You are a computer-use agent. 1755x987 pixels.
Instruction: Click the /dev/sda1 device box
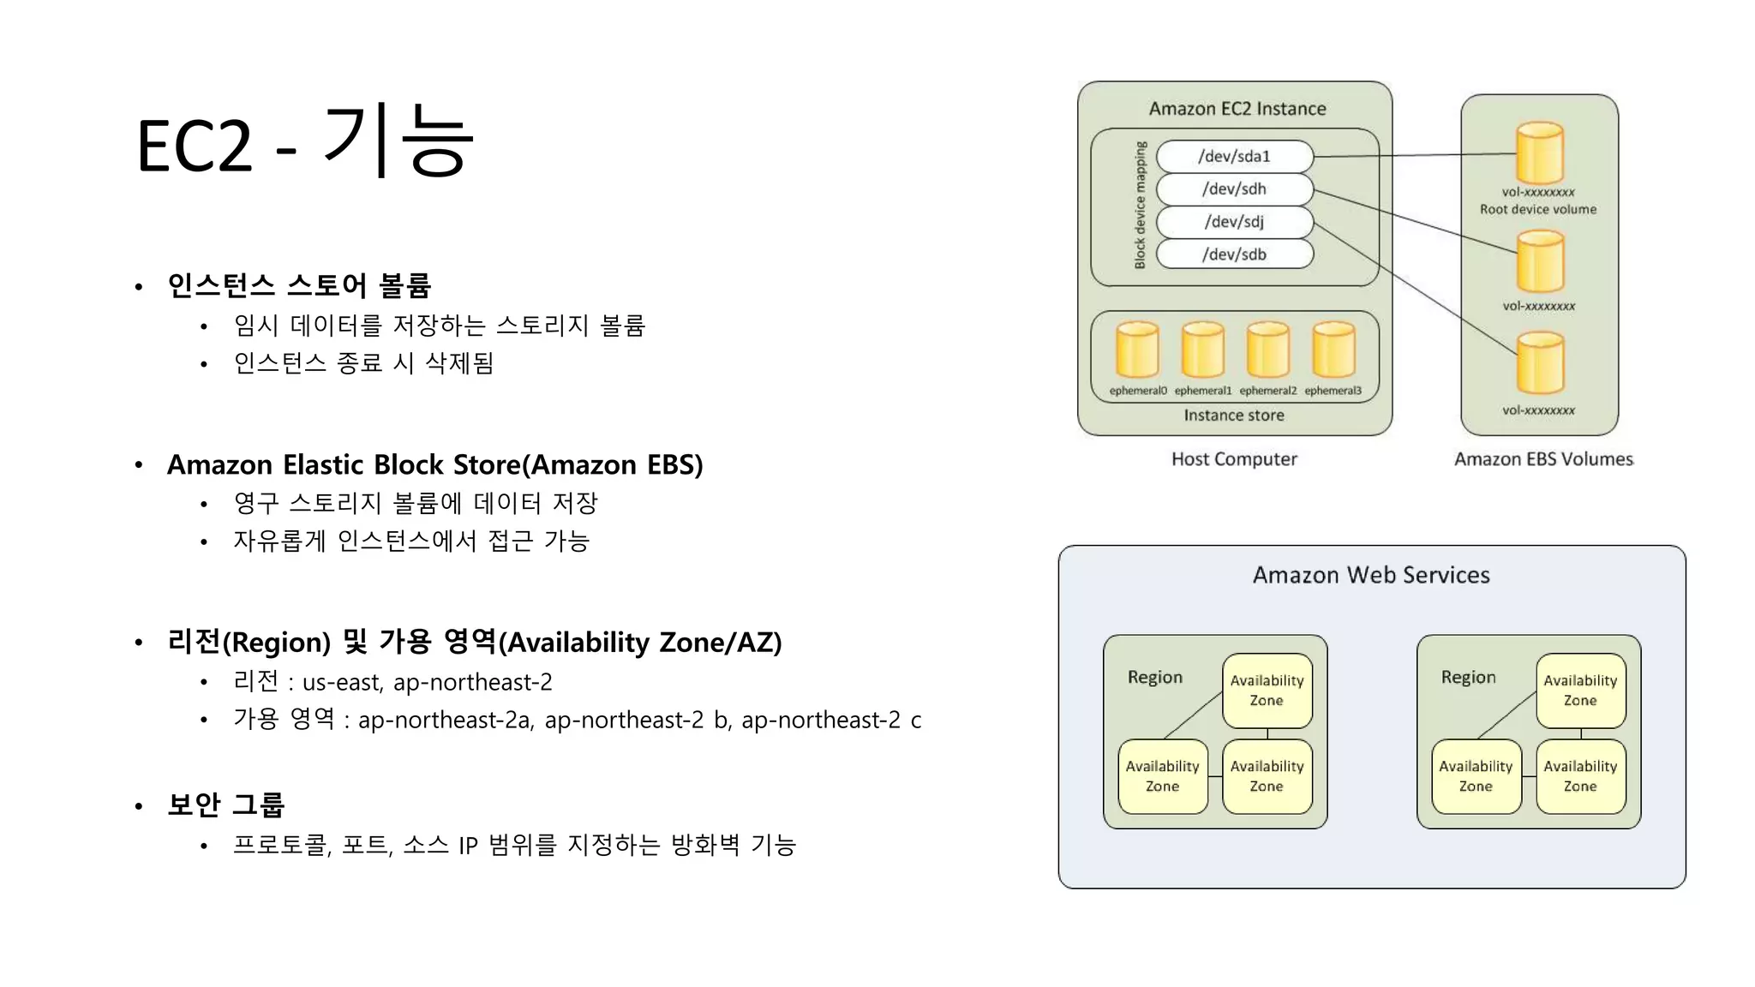1234,156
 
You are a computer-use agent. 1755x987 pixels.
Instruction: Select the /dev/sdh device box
1234,188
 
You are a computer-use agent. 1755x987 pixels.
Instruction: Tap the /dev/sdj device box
1234,221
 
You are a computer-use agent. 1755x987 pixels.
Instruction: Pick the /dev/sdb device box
1234,254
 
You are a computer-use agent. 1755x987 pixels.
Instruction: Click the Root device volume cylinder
1539,153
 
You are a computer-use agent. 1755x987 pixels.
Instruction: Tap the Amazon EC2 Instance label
1237,109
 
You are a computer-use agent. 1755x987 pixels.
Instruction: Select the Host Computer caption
1234,459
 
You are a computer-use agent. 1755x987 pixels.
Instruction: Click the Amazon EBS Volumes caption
1543,459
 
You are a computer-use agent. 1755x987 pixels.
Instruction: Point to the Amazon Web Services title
1371,575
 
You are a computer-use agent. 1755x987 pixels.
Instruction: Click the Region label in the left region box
1154,677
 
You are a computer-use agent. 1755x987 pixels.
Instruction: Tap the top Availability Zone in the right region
1580,691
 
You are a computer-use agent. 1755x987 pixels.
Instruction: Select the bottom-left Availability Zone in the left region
1162,776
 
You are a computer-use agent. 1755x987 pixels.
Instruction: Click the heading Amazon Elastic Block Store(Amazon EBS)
434,464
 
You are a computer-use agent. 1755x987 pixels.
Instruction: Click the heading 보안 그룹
225,805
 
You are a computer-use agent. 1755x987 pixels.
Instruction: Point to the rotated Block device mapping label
1140,206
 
